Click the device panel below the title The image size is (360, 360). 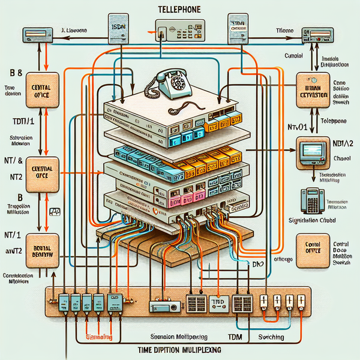tap(179, 30)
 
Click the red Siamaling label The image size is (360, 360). tap(99, 338)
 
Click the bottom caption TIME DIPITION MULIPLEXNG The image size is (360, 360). tap(179, 348)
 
